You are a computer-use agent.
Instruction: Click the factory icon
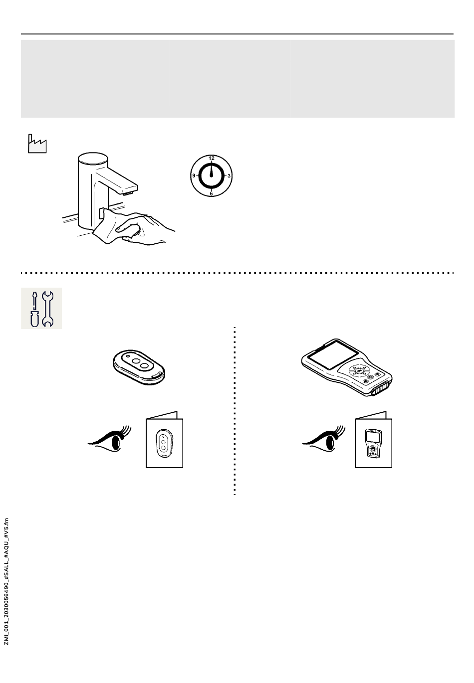coord(36,144)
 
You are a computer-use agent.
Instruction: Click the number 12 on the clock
coord(212,158)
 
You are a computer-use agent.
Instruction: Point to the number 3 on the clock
coord(229,175)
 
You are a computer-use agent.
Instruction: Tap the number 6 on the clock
coord(212,193)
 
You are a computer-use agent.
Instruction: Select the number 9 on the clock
coord(194,176)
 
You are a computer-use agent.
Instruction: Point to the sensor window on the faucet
coord(102,213)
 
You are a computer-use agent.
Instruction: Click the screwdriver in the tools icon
coord(34,309)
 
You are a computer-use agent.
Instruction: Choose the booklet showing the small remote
coord(164,441)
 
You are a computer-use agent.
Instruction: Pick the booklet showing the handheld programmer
coord(373,441)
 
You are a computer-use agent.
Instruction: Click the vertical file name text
coord(6,581)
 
